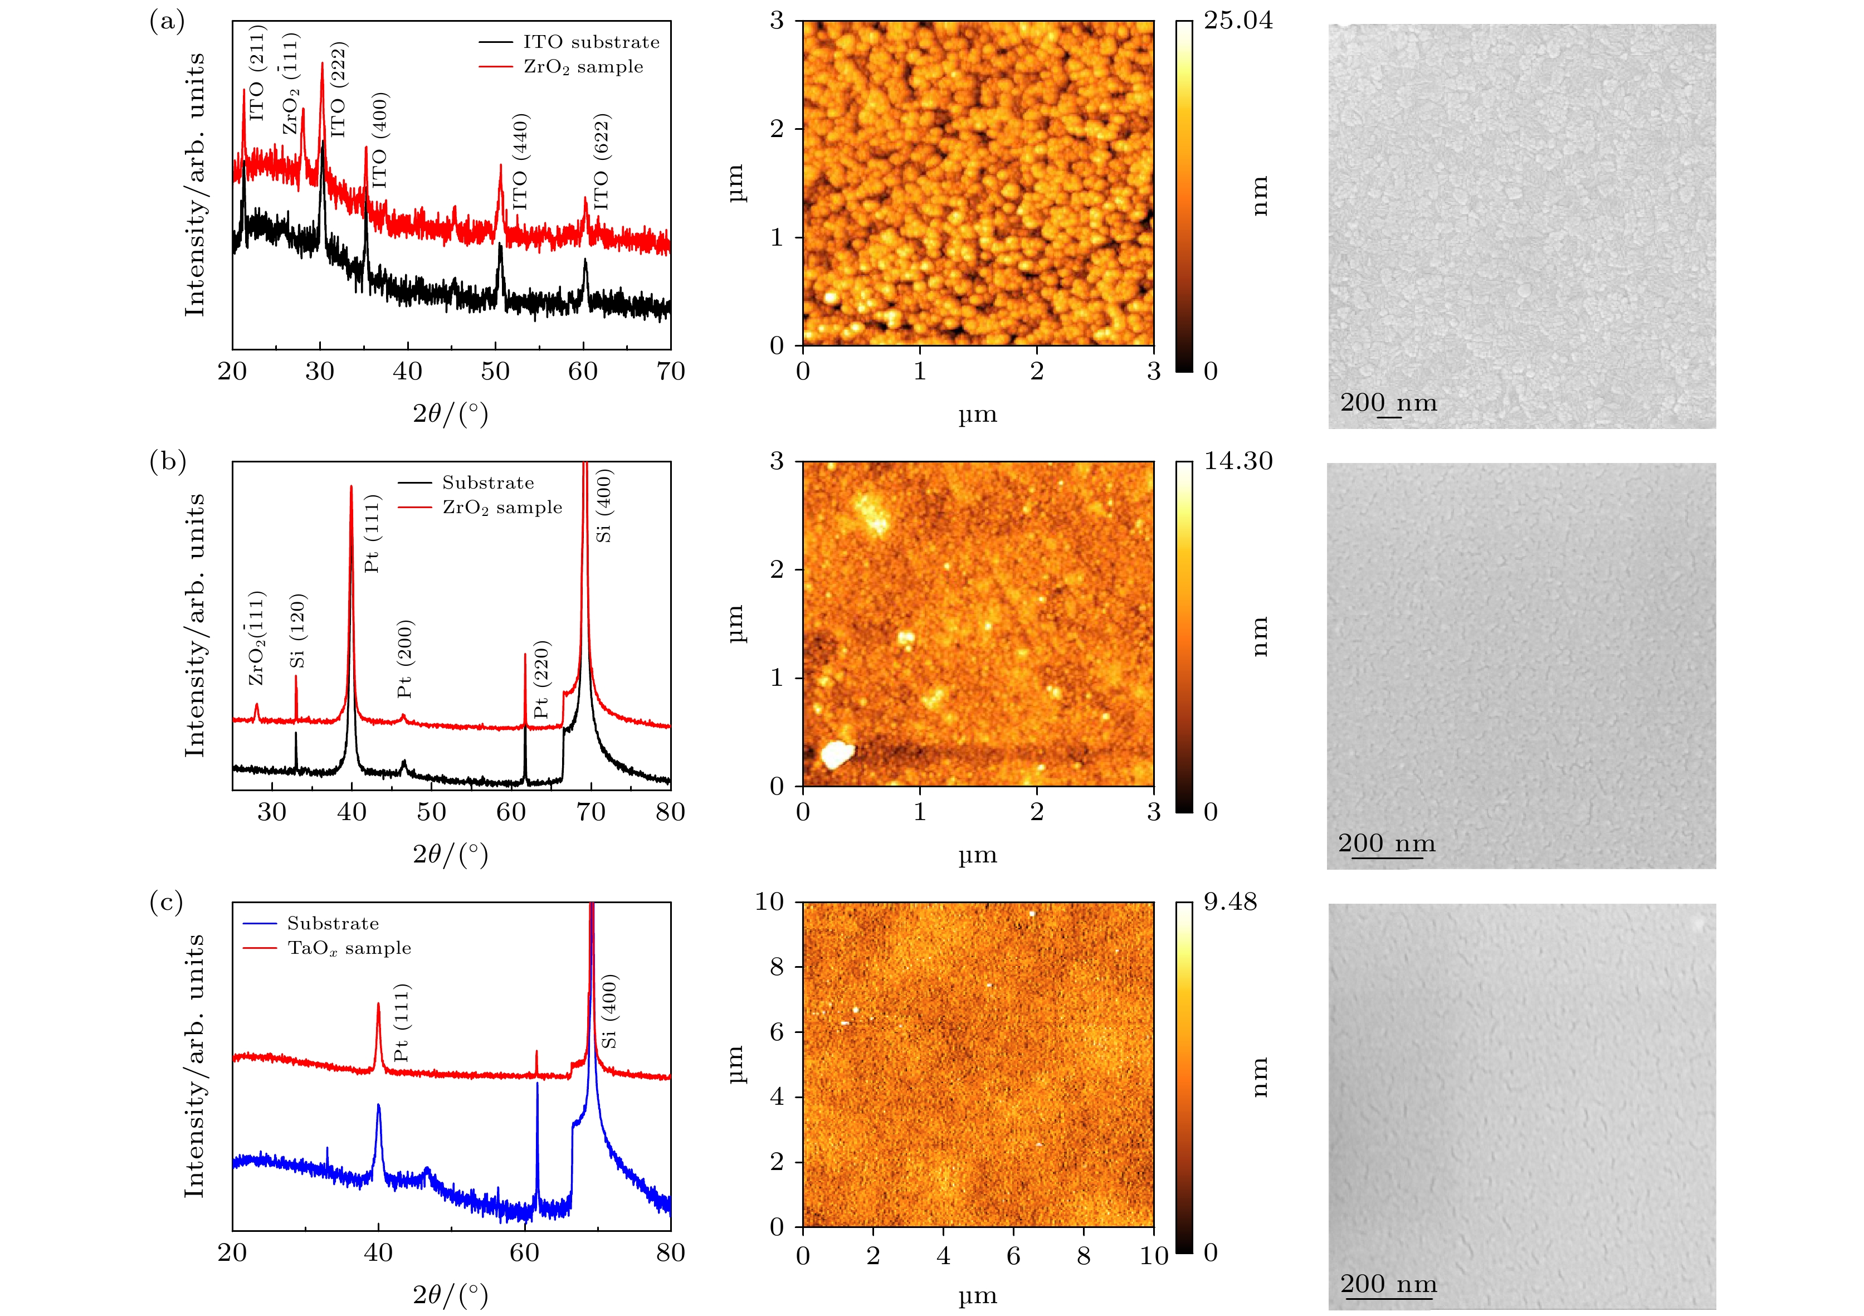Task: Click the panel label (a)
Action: point(167,22)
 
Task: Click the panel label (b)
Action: point(167,461)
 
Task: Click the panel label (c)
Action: point(167,902)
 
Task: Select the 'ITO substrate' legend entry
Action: point(590,42)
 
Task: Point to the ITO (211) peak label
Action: point(257,73)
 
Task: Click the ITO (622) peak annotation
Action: point(601,162)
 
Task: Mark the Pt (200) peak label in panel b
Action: point(405,659)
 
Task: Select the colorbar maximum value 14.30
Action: point(1237,461)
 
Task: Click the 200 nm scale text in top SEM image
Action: point(1388,403)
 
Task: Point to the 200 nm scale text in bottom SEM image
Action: point(1388,1284)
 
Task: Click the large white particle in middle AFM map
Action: point(836,754)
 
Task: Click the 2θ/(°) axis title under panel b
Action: point(451,854)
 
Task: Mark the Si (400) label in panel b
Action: point(604,505)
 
